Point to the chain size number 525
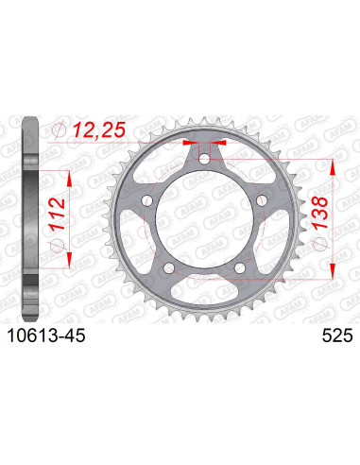(x=326, y=333)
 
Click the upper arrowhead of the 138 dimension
(x=333, y=163)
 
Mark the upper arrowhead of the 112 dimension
(x=66, y=174)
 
